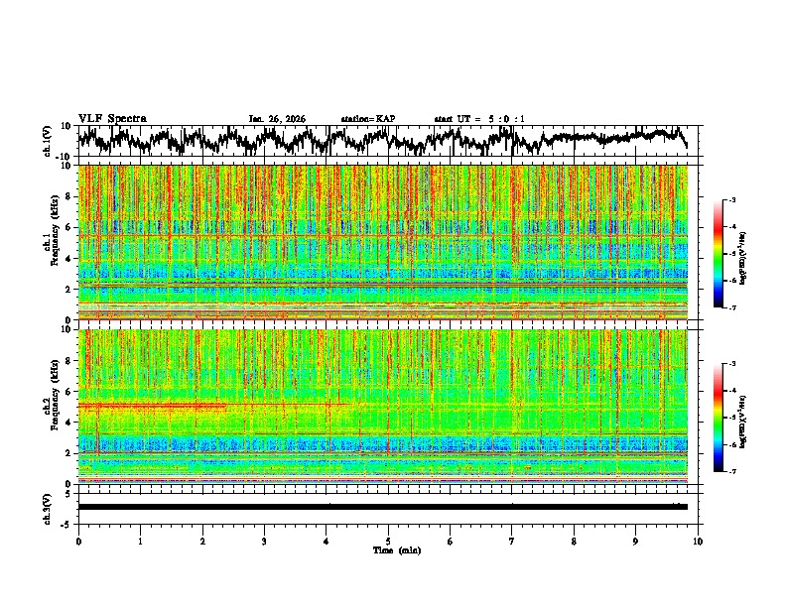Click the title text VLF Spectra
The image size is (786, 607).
pos(112,119)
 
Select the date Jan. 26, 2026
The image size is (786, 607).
pos(277,119)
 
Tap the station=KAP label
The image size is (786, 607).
pos(367,119)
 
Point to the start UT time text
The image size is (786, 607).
pos(479,119)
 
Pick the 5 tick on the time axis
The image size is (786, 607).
pos(388,542)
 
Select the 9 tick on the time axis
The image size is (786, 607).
pos(636,542)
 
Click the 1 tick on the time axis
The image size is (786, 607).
pos(140,542)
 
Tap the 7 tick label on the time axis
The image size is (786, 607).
pos(512,542)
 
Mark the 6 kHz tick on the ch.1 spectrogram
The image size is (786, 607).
pos(68,228)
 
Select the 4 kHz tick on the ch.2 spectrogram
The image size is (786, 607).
pos(68,423)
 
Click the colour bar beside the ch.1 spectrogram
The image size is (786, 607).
pos(727,254)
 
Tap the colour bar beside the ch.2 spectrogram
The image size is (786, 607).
pos(727,418)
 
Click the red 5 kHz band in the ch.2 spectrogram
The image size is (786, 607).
pos(149,406)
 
